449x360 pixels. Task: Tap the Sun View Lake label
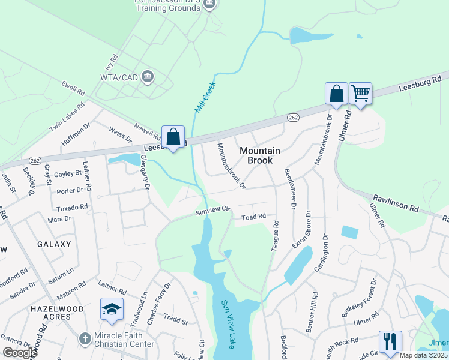tap(228, 325)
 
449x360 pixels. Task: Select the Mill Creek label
tap(205, 97)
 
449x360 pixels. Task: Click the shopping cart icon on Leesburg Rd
tap(360, 94)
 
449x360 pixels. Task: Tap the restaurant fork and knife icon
tap(390, 341)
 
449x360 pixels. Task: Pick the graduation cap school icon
tap(112, 309)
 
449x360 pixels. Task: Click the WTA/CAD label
tap(119, 77)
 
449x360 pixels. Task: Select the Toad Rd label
tap(253, 217)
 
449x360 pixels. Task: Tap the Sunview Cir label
tap(213, 209)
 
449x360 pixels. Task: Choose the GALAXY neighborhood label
tap(53, 244)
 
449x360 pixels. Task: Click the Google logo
tap(20, 353)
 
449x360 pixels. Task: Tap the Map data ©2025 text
tap(423, 355)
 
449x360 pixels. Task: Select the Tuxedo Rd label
tap(72, 207)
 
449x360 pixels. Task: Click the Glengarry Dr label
tap(144, 172)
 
